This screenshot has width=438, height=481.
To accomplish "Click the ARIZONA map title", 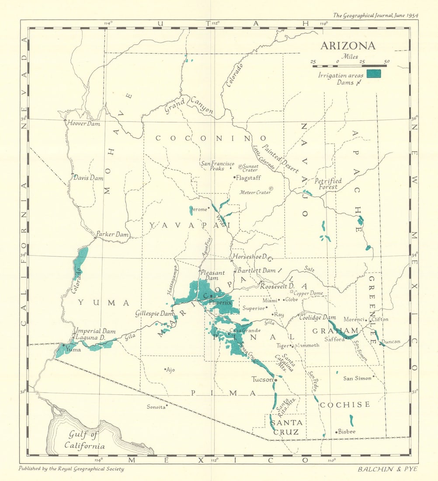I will pos(348,46).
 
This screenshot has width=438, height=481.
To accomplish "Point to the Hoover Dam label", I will pos(83,123).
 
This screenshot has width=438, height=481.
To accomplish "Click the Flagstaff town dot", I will pos(234,177).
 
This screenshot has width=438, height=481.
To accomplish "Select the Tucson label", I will pos(262,379).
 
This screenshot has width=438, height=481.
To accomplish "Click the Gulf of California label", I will pos(85,440).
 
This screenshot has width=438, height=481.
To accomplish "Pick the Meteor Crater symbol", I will pos(271,188).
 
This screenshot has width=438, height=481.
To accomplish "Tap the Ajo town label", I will pos(170,369).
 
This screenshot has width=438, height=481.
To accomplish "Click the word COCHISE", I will pos(345,404).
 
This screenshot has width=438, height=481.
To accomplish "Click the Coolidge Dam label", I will pos(317,317).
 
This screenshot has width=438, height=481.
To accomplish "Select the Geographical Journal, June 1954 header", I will pos(375,15).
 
